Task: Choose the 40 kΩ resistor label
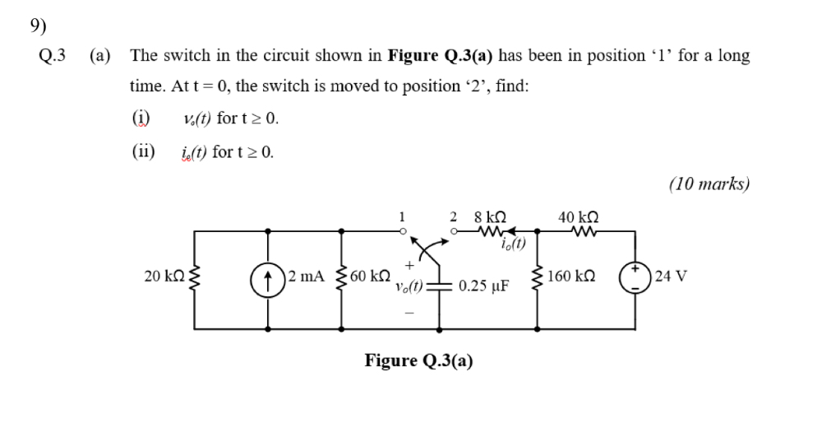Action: pos(578,218)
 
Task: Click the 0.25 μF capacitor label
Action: pos(484,286)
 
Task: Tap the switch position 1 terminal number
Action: pos(401,217)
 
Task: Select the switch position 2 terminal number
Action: pos(453,217)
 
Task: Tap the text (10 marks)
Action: pos(709,183)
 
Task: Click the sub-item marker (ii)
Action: pos(143,151)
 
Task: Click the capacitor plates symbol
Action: pos(441,285)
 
